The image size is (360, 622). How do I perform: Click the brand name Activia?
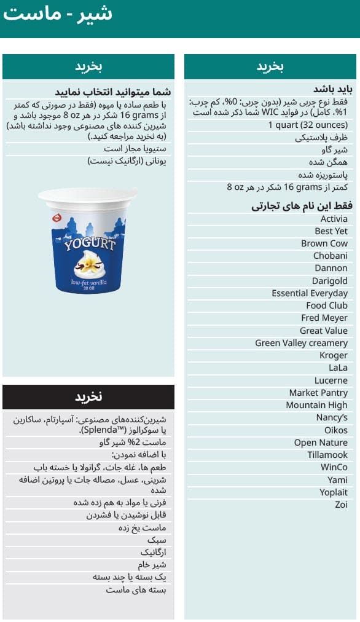click(x=334, y=219)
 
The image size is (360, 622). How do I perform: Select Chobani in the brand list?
click(x=330, y=256)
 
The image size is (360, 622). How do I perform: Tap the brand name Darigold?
click(x=329, y=281)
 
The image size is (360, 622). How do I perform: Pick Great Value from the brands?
click(x=323, y=331)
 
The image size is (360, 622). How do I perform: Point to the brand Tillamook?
click(x=327, y=455)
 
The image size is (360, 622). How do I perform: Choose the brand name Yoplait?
click(x=333, y=492)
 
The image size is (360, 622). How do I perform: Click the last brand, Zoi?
click(x=341, y=505)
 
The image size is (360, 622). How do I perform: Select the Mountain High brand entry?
click(x=316, y=405)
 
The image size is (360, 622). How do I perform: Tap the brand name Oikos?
click(x=335, y=430)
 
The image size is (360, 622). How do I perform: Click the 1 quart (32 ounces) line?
click(x=307, y=125)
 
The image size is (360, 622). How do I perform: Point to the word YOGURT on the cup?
click(x=90, y=244)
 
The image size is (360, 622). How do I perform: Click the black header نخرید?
click(x=88, y=397)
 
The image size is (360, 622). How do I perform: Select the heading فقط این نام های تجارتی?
click(x=302, y=206)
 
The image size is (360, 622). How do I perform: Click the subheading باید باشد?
click(x=332, y=89)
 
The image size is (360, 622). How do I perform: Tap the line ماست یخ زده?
click(x=142, y=528)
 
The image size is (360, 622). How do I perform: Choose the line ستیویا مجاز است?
click(x=135, y=149)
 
